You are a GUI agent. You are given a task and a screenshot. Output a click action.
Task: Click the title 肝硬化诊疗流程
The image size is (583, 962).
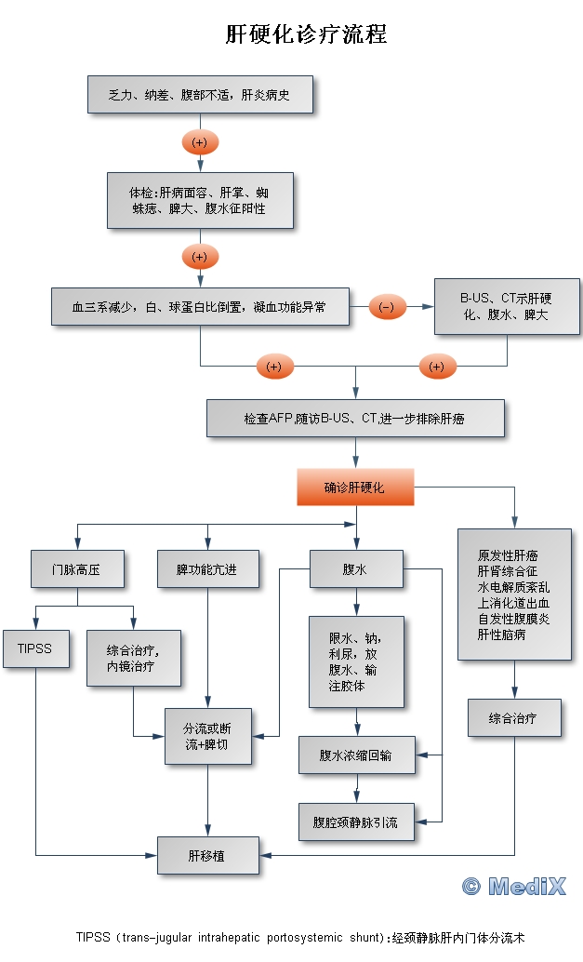tap(306, 35)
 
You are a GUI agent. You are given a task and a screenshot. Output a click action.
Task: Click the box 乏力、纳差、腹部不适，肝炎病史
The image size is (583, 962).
tap(199, 95)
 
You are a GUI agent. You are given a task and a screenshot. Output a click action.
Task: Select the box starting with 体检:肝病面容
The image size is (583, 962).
tap(199, 200)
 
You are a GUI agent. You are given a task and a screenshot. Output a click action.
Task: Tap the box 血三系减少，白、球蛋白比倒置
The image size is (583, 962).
tap(199, 306)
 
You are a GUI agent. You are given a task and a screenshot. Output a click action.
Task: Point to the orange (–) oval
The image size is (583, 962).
tap(387, 307)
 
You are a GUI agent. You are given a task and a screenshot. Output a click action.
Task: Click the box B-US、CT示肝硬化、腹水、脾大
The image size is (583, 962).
tap(507, 306)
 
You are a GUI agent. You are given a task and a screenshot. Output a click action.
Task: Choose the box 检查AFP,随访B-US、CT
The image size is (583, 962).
tap(354, 419)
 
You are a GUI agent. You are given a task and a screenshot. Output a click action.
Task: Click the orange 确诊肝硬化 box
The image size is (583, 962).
tap(354, 487)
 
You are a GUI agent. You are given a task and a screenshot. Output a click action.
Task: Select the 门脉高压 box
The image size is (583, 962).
tap(76, 569)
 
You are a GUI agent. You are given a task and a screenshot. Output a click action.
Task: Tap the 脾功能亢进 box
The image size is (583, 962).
tap(206, 569)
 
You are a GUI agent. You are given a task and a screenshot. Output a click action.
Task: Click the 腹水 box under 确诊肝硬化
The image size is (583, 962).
tap(355, 569)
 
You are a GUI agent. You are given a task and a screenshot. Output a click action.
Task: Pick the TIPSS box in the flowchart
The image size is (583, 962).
tap(35, 648)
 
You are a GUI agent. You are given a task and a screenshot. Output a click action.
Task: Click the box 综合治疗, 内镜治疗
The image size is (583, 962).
tap(133, 658)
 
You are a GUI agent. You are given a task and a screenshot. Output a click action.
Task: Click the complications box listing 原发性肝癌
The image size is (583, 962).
tap(513, 595)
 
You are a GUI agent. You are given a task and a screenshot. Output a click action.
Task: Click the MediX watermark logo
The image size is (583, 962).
tap(513, 886)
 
